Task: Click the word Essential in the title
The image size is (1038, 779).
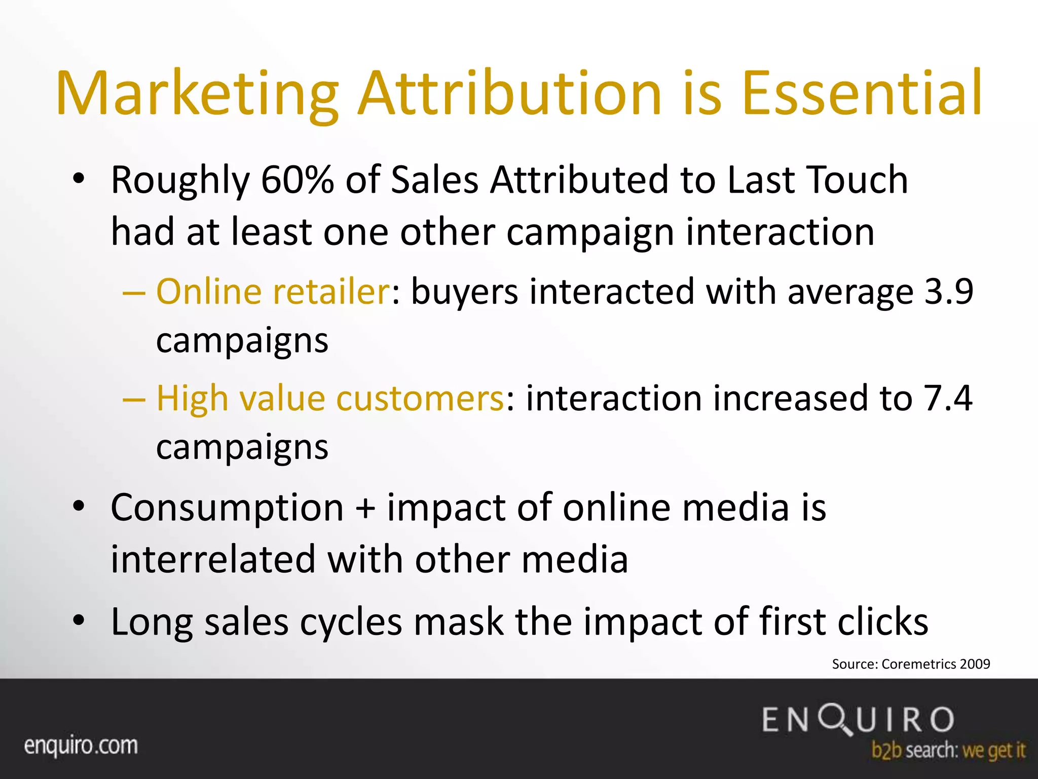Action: (x=862, y=94)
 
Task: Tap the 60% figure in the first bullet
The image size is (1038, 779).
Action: (x=297, y=180)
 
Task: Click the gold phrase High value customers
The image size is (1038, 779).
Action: (x=329, y=398)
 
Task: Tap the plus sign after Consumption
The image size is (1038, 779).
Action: (x=365, y=508)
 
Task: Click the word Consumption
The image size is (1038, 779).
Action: (x=227, y=508)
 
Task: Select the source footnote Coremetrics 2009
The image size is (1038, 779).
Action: (x=911, y=664)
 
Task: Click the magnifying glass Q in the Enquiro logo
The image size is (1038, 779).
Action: (x=836, y=719)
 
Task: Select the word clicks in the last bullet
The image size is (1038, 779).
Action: (x=882, y=622)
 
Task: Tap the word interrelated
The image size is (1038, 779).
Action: (x=213, y=559)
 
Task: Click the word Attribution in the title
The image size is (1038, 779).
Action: (x=509, y=94)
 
